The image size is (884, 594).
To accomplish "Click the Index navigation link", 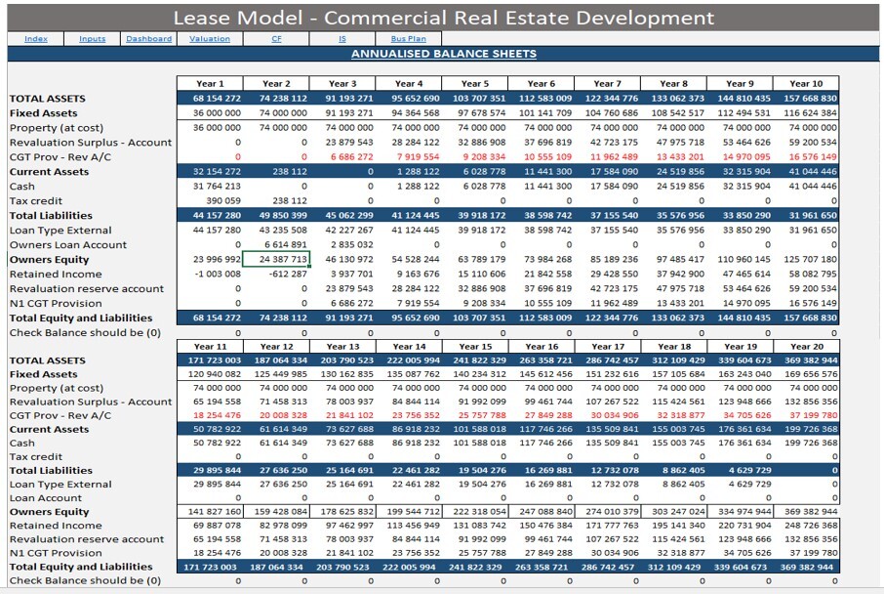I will pos(36,39).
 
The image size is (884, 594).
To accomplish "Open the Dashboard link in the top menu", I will pos(148,39).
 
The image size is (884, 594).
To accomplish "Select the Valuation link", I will pos(210,39).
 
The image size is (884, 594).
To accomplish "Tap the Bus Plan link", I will pos(408,39).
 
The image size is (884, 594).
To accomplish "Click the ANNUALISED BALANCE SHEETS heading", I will pos(443,54).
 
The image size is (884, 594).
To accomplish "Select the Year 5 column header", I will pos(475,84).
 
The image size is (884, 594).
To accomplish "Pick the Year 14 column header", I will pos(409,347).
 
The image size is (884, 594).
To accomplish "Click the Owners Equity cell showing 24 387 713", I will pos(276,260).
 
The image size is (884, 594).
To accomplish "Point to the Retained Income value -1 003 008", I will pos(210,275).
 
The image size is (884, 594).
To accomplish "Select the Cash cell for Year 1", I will pos(210,187).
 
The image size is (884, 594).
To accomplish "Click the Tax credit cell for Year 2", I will pos(276,201).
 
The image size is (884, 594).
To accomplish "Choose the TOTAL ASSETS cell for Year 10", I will pos(806,99).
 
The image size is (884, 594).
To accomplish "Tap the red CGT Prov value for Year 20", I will pos(806,416).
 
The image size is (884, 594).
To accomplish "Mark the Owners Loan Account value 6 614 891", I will pos(276,245).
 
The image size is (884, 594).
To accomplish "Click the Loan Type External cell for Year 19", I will pos(740,485).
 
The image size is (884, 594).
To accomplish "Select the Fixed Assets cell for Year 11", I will pos(210,375).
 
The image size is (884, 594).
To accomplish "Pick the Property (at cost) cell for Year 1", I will pos(210,128).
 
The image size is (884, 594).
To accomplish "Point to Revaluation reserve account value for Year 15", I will pos(475,539).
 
